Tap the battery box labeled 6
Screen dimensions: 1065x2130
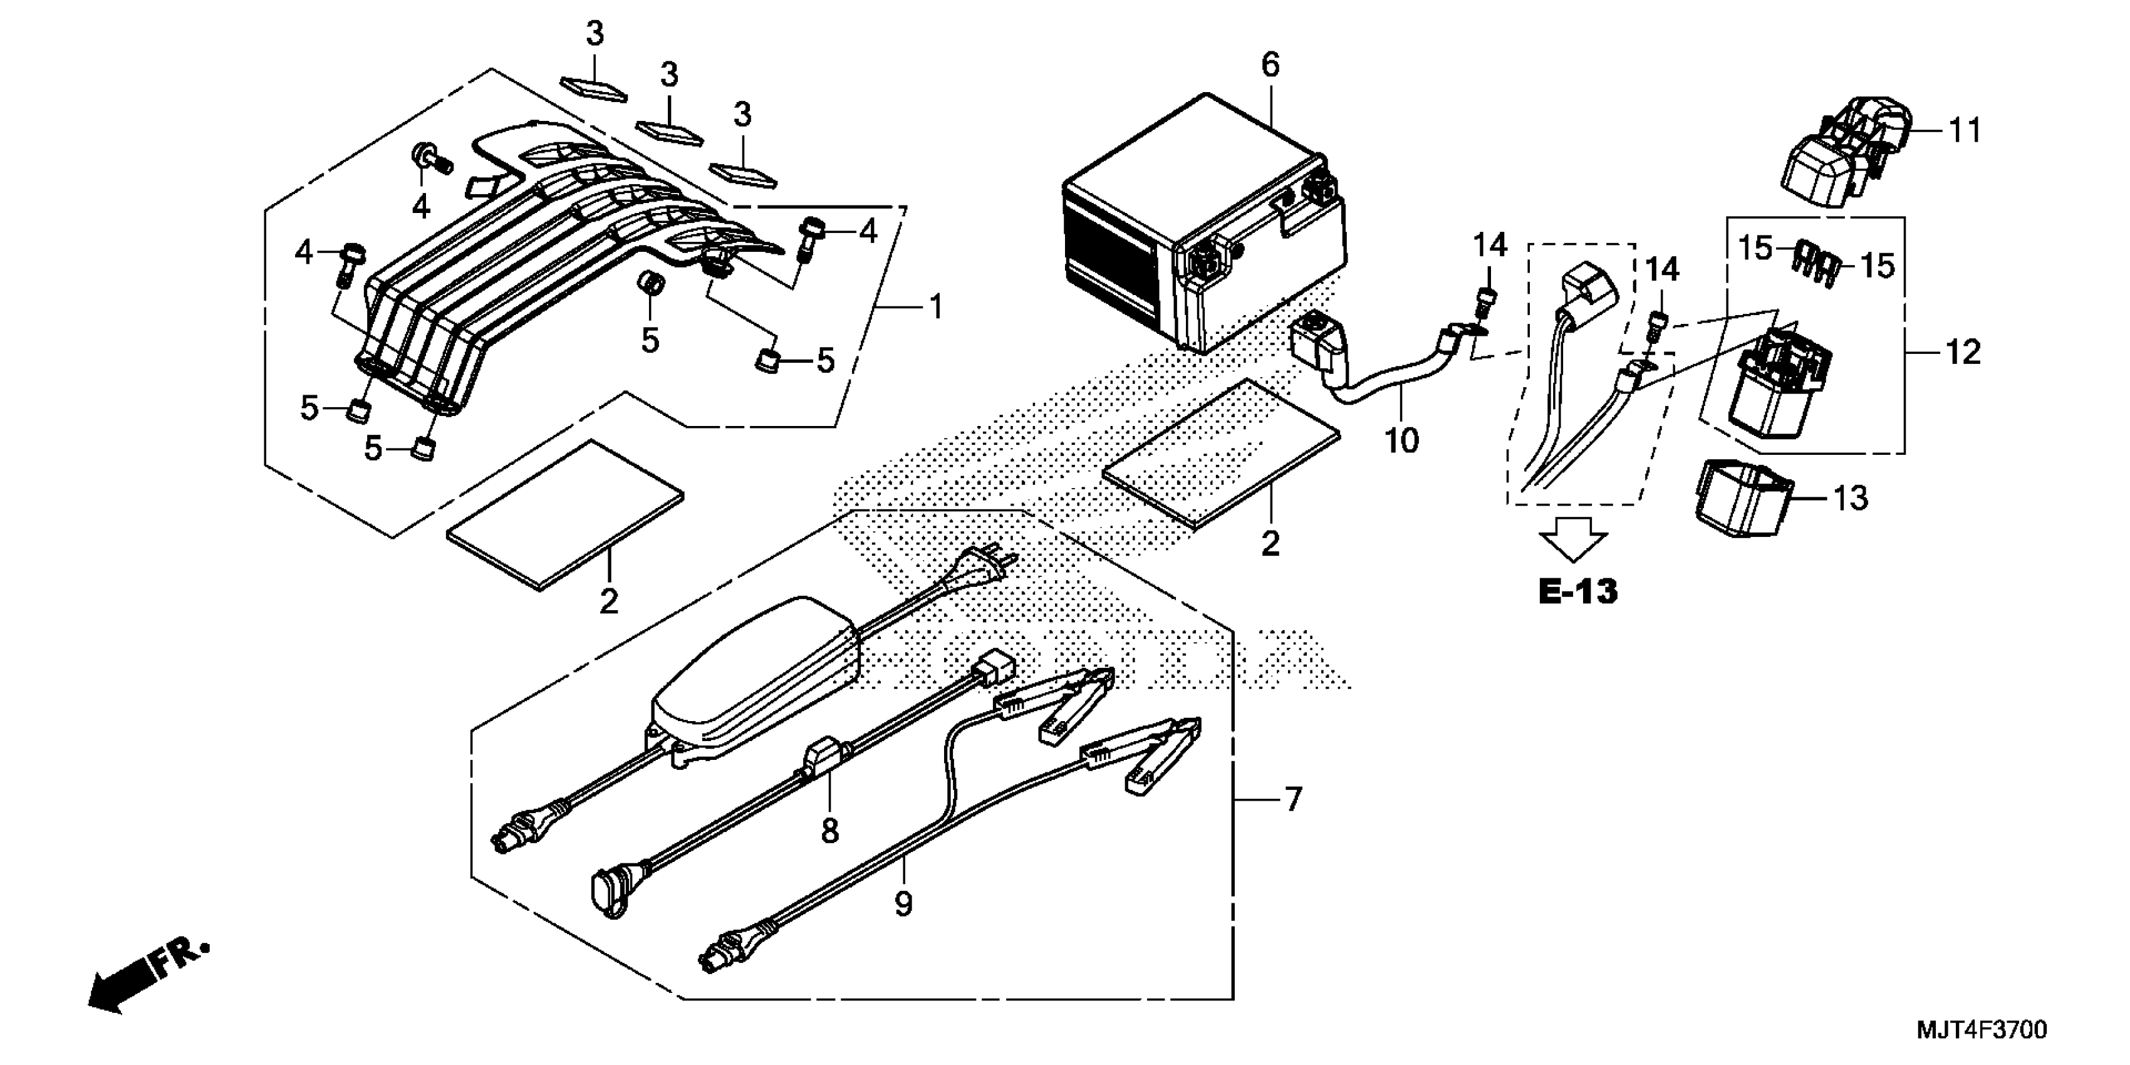tap(1199, 223)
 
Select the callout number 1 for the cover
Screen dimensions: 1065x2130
tap(935, 308)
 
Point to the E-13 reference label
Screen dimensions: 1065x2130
tap(1577, 591)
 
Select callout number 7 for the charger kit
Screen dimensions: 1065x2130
tap(1293, 799)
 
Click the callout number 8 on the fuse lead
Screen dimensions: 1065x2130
tap(829, 830)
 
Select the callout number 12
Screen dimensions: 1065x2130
tap(1963, 353)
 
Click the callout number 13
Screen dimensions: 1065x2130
tap(1851, 499)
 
